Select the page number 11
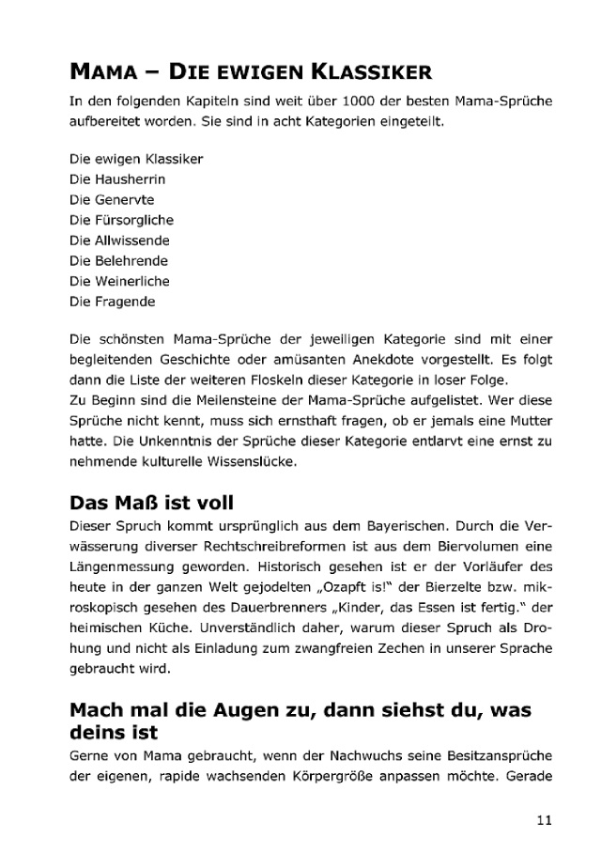(x=544, y=819)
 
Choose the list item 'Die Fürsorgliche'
(x=121, y=220)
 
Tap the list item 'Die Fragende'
(x=112, y=302)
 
